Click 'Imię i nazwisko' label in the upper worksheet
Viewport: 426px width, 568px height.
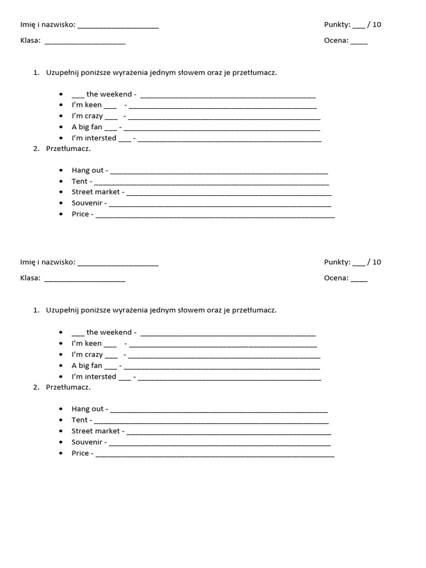(47, 24)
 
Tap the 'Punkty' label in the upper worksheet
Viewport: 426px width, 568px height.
(337, 24)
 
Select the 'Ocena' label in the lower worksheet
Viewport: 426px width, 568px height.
(336, 278)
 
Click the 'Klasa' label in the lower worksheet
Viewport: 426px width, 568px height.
(30, 278)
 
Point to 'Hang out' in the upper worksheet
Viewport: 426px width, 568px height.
(88, 170)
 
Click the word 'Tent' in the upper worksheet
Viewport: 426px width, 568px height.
(79, 181)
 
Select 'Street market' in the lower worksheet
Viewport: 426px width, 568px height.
(95, 431)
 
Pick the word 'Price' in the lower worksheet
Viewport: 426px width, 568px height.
(80, 453)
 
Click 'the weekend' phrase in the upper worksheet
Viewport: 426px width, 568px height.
(109, 94)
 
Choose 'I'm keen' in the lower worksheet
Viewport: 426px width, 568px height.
(87, 343)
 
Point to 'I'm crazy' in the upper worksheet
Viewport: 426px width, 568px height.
(87, 116)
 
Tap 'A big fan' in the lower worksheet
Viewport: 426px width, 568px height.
(87, 366)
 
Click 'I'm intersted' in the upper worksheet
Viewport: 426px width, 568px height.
(94, 138)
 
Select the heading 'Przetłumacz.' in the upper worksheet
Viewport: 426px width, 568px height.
(68, 149)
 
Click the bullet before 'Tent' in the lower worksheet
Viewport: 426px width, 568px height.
(60, 420)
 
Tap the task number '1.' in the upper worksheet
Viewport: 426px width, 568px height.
(36, 73)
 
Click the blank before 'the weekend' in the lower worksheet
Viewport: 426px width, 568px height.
(78, 334)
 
